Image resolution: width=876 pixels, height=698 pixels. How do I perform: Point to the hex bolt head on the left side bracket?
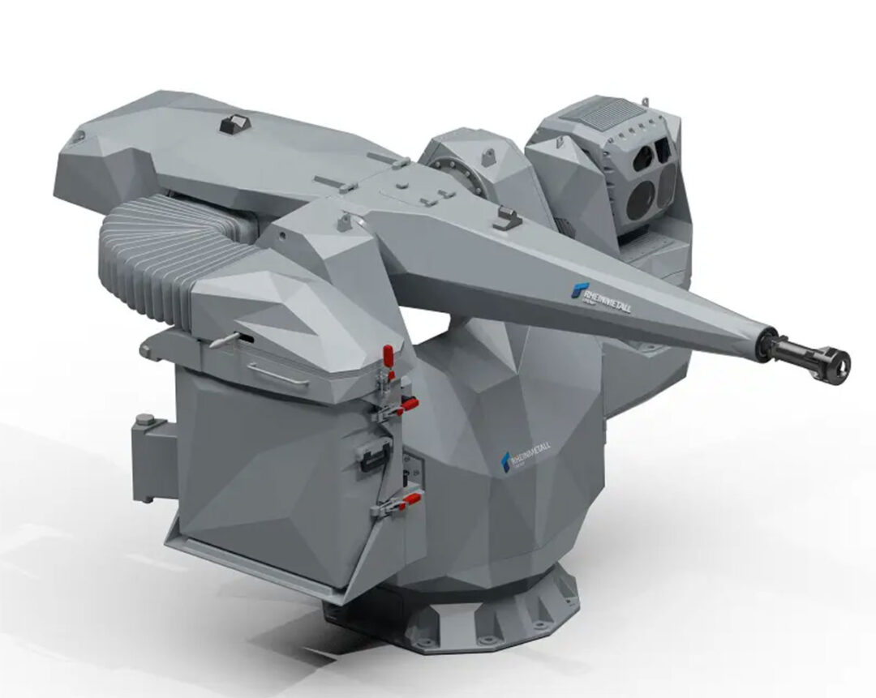(144, 420)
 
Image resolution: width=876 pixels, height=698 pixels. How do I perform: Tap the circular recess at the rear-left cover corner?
(76, 139)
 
